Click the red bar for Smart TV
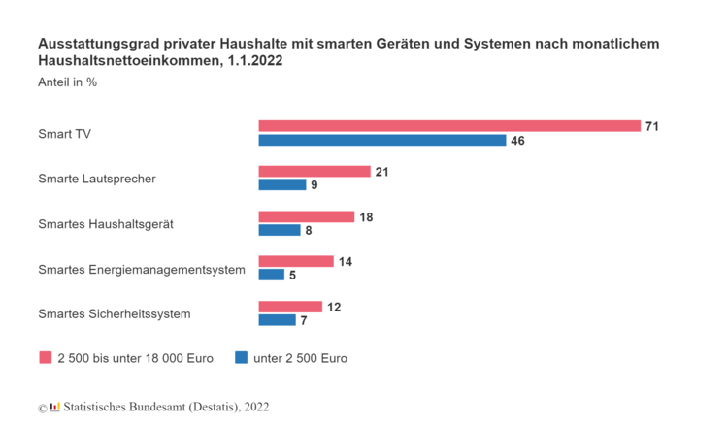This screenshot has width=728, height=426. point(449,126)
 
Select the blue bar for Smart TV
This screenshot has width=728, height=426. point(382,141)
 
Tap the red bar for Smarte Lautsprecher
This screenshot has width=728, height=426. point(314,172)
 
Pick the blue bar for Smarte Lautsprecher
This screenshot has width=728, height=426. point(281,185)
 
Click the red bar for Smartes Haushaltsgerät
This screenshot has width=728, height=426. point(307,216)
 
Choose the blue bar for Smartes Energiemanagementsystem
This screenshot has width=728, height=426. point(271,275)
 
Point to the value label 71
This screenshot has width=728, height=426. point(652,126)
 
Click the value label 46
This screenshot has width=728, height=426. point(518,141)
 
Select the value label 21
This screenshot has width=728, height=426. point(382,172)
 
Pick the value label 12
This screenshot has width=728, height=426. point(334,307)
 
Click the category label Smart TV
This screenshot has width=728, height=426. point(64,133)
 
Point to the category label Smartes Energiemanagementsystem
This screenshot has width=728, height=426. point(142,268)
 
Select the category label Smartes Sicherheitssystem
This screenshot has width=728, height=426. point(115,313)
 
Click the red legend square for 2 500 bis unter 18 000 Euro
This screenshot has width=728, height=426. point(45,357)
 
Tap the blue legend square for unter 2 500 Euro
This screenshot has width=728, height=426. point(241,357)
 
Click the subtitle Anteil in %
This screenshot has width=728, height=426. point(67,82)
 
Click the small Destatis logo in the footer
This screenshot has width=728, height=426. point(54,407)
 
